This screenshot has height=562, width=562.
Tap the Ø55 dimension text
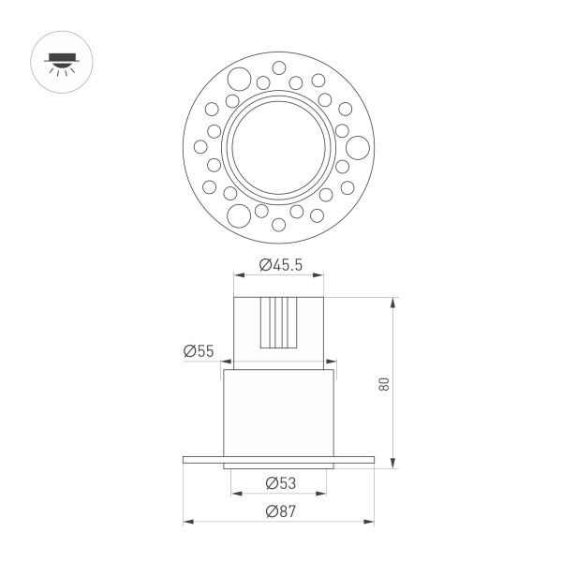tap(200, 351)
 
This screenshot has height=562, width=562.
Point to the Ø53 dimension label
tap(280, 483)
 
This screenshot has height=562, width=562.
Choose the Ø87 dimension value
tap(280, 511)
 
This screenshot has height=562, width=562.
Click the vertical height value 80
tap(384, 384)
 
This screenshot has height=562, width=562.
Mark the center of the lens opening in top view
tap(279, 146)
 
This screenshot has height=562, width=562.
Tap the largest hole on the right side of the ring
tap(358, 146)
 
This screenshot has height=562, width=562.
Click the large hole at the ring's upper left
tap(240, 78)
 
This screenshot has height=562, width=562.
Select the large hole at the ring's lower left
tap(240, 214)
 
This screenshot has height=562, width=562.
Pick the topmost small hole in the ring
tap(279, 67)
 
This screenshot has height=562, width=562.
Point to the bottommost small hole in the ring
tap(279, 225)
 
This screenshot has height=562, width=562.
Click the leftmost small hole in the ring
tap(200, 146)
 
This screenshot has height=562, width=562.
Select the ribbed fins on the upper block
tap(279, 321)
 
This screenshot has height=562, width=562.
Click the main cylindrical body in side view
tap(279, 412)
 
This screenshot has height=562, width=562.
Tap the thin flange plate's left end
tap(187, 459)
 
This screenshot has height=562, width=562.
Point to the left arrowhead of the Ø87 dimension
tap(186, 521)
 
